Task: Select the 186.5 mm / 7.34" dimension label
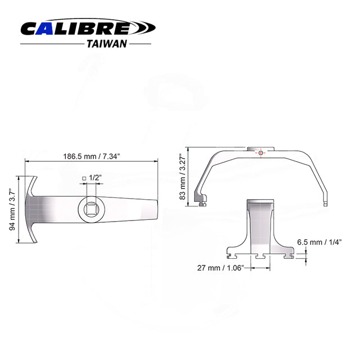[x=90, y=156]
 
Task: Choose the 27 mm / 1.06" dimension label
[x=219, y=268]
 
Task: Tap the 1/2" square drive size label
[x=94, y=178]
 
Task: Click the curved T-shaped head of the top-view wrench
[x=31, y=209]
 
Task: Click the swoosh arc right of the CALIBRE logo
[x=143, y=28]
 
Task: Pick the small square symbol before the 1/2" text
[x=84, y=178]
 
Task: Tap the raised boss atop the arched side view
[x=259, y=149]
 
